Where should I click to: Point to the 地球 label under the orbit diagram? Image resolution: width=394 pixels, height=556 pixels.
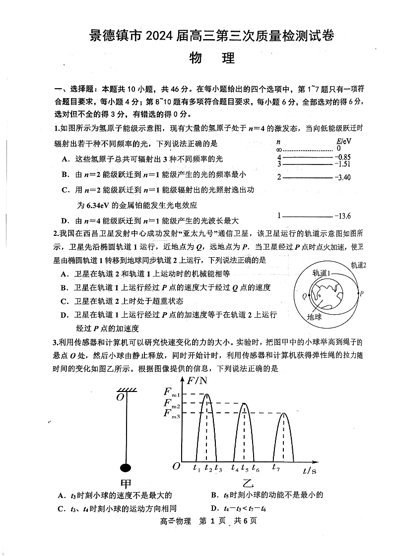click(x=314, y=317)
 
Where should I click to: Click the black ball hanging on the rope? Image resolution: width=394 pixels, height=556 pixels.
click(x=127, y=467)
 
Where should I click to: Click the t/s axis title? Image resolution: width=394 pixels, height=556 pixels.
click(x=309, y=470)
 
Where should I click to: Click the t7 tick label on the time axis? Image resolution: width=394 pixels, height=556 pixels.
click(x=276, y=466)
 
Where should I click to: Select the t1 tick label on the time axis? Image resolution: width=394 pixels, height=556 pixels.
click(x=197, y=467)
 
